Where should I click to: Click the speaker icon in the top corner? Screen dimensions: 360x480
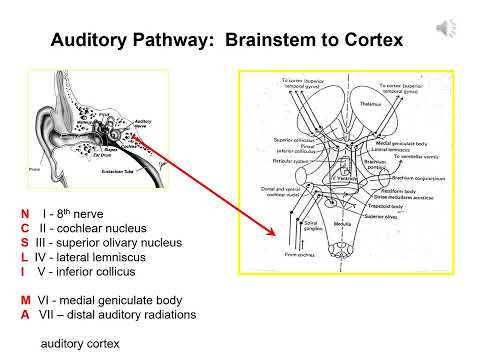pos(447,28)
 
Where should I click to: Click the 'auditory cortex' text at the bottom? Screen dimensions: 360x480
pos(79,343)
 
